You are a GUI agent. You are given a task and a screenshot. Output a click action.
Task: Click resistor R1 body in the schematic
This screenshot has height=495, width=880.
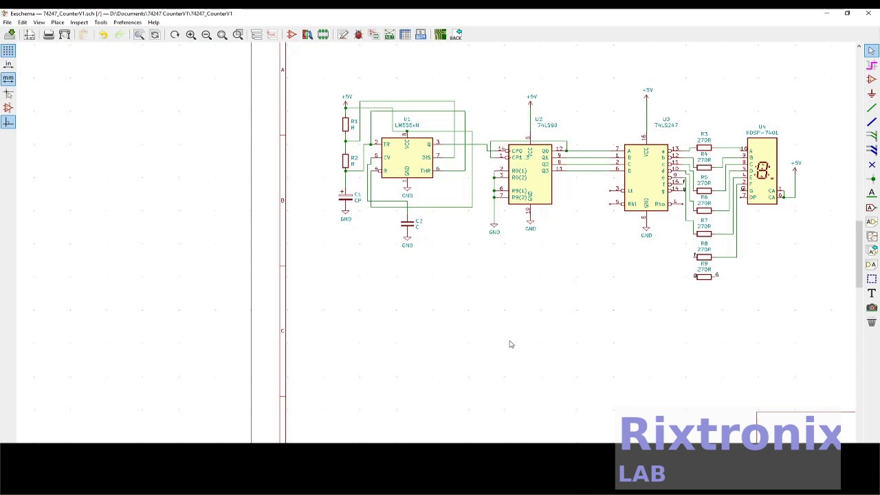pos(345,124)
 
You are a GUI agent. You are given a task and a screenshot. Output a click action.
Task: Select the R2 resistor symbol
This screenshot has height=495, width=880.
pos(345,161)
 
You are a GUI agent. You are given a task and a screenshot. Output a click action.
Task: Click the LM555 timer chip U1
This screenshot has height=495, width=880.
pos(407,157)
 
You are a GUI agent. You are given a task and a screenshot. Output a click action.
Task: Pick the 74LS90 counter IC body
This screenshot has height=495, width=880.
pos(530,175)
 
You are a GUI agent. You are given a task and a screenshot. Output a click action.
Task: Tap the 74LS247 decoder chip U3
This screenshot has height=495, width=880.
pos(646,177)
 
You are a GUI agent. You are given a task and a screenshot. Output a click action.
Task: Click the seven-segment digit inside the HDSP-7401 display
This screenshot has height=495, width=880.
pos(762,170)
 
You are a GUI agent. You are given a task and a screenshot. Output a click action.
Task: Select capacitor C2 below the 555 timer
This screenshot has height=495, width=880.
pos(407,224)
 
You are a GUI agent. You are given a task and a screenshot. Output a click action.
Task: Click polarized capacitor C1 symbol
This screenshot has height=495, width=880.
pos(346,197)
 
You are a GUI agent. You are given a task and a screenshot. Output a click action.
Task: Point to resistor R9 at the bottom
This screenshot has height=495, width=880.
pos(703,276)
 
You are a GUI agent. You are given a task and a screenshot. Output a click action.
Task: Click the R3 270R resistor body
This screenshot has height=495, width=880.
pos(703,147)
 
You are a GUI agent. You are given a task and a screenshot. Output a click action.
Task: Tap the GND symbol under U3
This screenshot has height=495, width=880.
pos(646,232)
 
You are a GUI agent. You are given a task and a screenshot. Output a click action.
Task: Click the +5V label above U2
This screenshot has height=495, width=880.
pos(531,97)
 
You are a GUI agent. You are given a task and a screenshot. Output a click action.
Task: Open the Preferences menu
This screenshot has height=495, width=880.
pos(127,23)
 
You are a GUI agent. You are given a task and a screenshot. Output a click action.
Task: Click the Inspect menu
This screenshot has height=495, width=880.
pos(79,23)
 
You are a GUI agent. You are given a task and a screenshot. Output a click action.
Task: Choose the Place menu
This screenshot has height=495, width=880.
pos(57,23)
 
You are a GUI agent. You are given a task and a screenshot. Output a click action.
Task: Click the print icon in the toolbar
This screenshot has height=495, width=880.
pos(48,35)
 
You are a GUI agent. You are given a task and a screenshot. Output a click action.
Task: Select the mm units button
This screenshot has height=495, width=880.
pos(8,78)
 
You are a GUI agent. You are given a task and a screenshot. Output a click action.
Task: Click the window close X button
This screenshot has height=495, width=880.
pos(868,13)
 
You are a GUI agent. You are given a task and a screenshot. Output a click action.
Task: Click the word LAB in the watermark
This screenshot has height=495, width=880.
pos(642,474)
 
